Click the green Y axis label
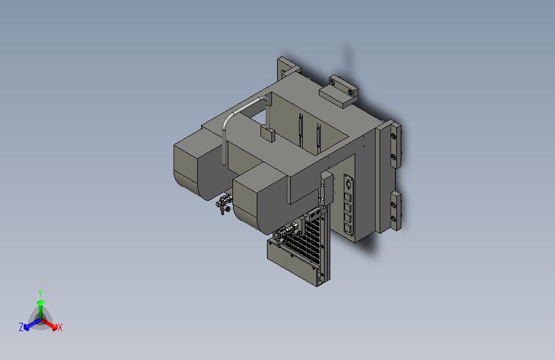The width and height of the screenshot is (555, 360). pos(40,293)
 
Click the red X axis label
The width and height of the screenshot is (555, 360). pos(60,327)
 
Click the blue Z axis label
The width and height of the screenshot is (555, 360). pos(21,327)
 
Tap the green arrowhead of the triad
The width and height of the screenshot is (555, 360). pos(41,302)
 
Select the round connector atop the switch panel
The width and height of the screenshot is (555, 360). pos(349,184)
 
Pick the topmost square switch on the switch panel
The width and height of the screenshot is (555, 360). pos(348,197)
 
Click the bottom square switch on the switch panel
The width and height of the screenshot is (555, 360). pos(348,229)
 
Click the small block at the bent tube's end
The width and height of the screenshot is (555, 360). pos(268,134)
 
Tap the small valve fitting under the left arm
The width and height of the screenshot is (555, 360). pos(223,204)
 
